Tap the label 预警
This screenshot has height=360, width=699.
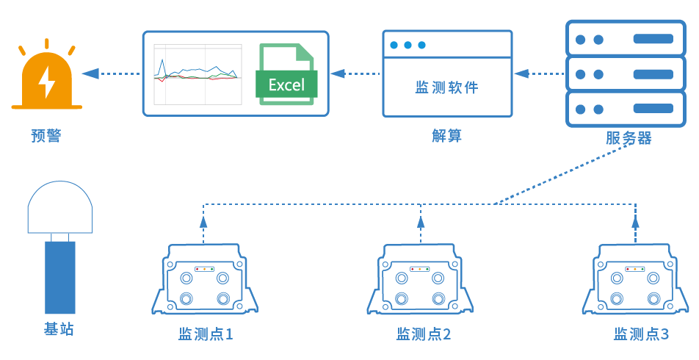coord(46,135)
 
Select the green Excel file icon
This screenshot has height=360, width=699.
coord(286,75)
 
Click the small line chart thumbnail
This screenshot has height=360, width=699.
coord(197,73)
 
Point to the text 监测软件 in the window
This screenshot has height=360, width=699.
coord(446,87)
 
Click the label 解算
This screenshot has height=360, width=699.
coord(446,136)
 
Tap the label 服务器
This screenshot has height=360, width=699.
coord(629,137)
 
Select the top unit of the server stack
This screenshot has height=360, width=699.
coord(621,39)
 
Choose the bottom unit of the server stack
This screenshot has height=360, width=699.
coord(621,109)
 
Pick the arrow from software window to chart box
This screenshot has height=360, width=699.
coord(355,73)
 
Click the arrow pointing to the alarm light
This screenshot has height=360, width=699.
coord(110,73)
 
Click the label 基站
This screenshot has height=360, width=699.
coord(59,329)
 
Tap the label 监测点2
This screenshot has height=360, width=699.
coord(423,334)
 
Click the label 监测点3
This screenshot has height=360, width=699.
coord(641,334)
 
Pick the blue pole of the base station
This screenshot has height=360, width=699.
coord(59,277)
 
